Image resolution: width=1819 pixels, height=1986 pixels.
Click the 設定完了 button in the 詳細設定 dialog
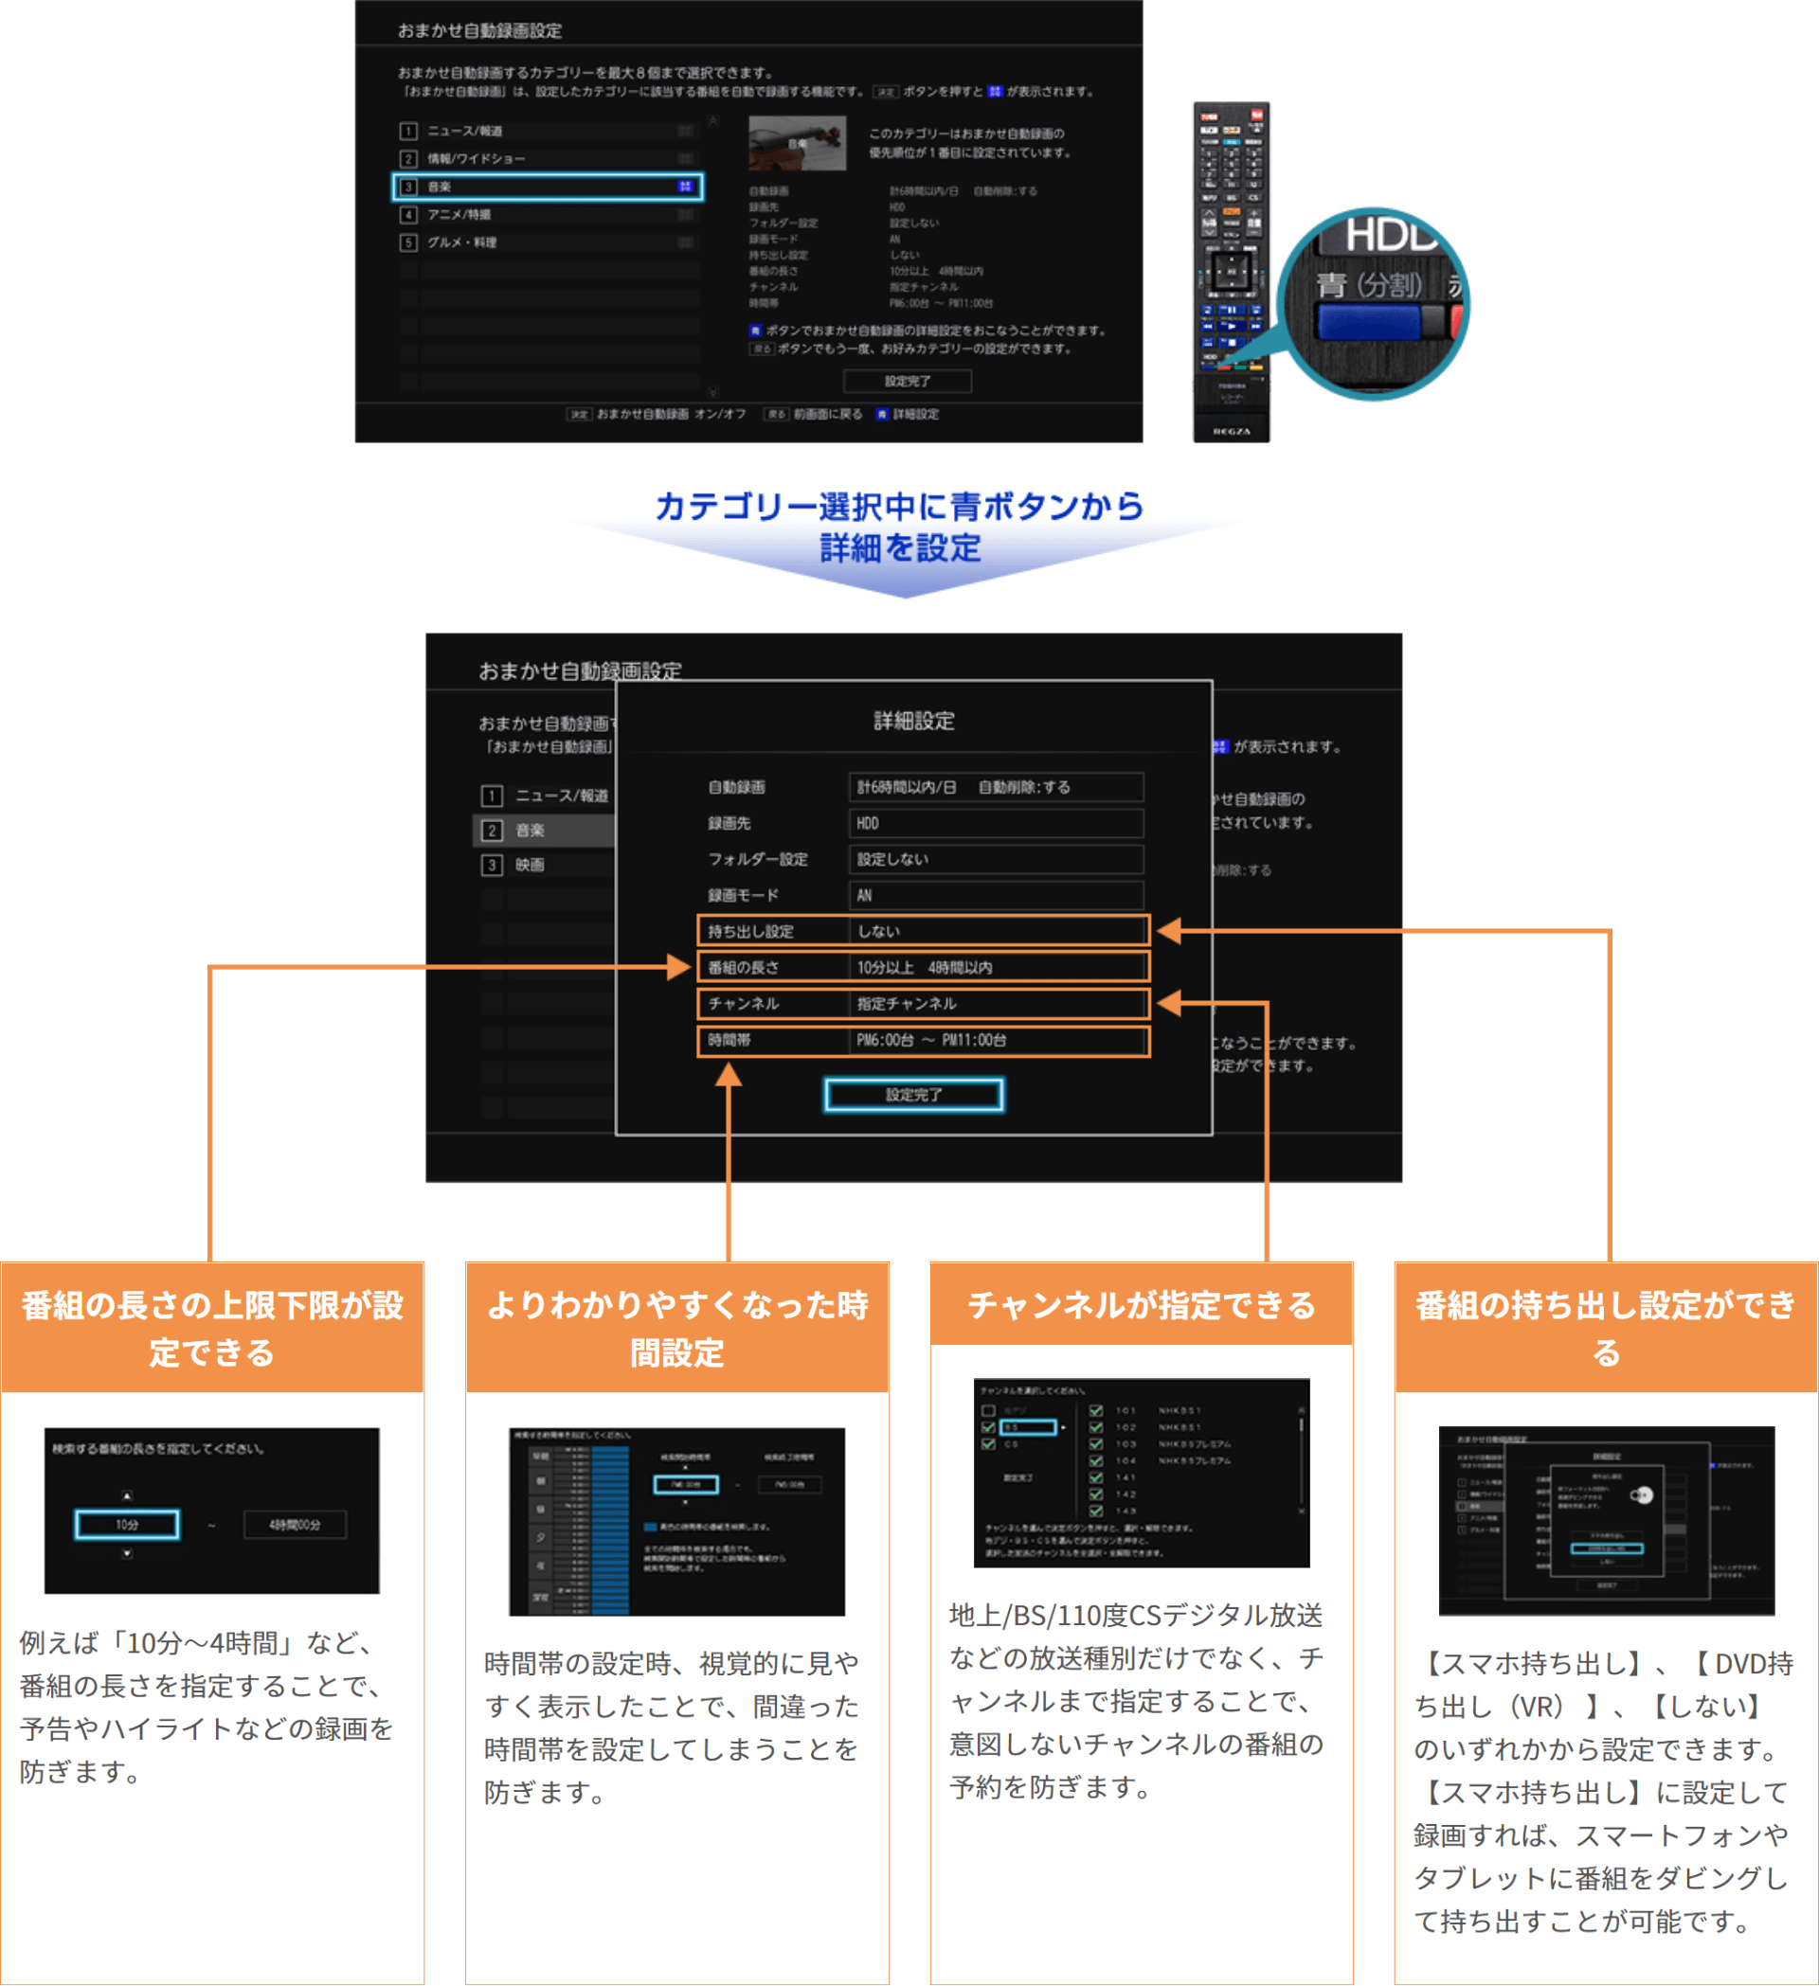(x=913, y=1095)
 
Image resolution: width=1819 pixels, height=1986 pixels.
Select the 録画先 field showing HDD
(x=995, y=824)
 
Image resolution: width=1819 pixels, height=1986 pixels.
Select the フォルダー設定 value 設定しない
(x=995, y=859)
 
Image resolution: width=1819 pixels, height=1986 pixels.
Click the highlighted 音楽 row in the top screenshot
(x=547, y=188)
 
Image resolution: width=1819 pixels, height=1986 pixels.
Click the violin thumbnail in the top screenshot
(x=796, y=143)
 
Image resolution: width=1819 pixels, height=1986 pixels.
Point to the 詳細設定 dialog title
(x=913, y=721)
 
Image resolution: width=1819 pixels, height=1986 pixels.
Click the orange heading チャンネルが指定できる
(x=1141, y=1305)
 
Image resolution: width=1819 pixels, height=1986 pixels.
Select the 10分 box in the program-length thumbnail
(x=127, y=1524)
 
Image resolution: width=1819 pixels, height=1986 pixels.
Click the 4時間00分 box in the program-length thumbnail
(x=295, y=1524)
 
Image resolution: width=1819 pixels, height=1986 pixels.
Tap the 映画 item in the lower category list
(x=530, y=865)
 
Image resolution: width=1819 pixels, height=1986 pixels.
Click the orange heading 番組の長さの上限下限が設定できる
(x=212, y=1328)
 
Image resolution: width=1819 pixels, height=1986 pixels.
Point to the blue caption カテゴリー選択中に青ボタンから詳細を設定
(x=900, y=527)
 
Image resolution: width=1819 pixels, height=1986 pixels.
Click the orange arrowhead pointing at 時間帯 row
(x=729, y=1075)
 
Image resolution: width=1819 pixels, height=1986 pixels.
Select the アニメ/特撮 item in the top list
(x=459, y=215)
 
